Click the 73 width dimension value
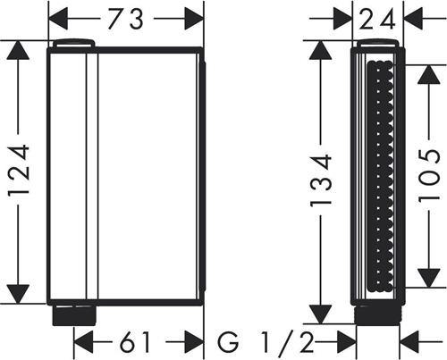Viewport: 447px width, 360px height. tap(125, 19)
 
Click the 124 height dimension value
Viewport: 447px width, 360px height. tap(19, 171)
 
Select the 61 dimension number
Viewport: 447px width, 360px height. tap(134, 342)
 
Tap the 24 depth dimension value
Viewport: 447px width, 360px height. tap(377, 19)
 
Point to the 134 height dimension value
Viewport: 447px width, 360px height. tap(321, 180)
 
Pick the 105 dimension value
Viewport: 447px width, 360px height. tap(429, 176)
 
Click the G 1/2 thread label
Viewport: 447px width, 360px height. tap(266, 342)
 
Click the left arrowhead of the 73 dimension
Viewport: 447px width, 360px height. tap(58, 19)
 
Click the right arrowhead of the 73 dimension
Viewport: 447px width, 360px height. tap(194, 19)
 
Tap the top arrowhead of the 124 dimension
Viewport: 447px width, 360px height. tap(18, 50)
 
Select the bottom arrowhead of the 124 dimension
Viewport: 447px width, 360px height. tap(18, 294)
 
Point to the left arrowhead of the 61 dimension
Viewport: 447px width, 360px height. tap(83, 342)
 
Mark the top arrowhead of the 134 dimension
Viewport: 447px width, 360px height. tap(321, 50)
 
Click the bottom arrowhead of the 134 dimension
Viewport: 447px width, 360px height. tap(321, 314)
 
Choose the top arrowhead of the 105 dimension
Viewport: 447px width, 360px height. tap(429, 74)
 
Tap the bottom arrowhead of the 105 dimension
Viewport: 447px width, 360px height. tap(429, 278)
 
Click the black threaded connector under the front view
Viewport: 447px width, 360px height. tap(74, 315)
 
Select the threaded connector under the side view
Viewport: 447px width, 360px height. tap(377, 314)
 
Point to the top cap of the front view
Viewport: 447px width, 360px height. tap(74, 43)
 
